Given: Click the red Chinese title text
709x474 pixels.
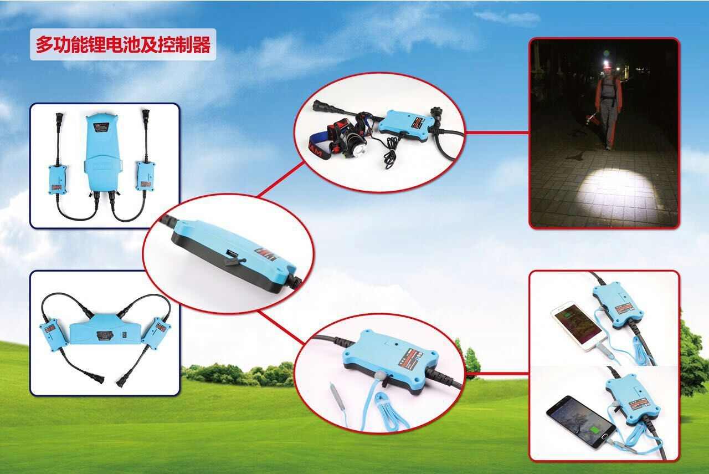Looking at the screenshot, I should coord(123,45).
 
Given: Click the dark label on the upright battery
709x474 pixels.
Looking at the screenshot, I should coord(102,127).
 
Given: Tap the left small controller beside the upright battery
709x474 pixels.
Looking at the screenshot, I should coord(58,178).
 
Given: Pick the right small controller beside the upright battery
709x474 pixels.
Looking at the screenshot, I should coord(146,176).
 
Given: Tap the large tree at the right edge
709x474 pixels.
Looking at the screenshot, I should coord(693,355).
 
